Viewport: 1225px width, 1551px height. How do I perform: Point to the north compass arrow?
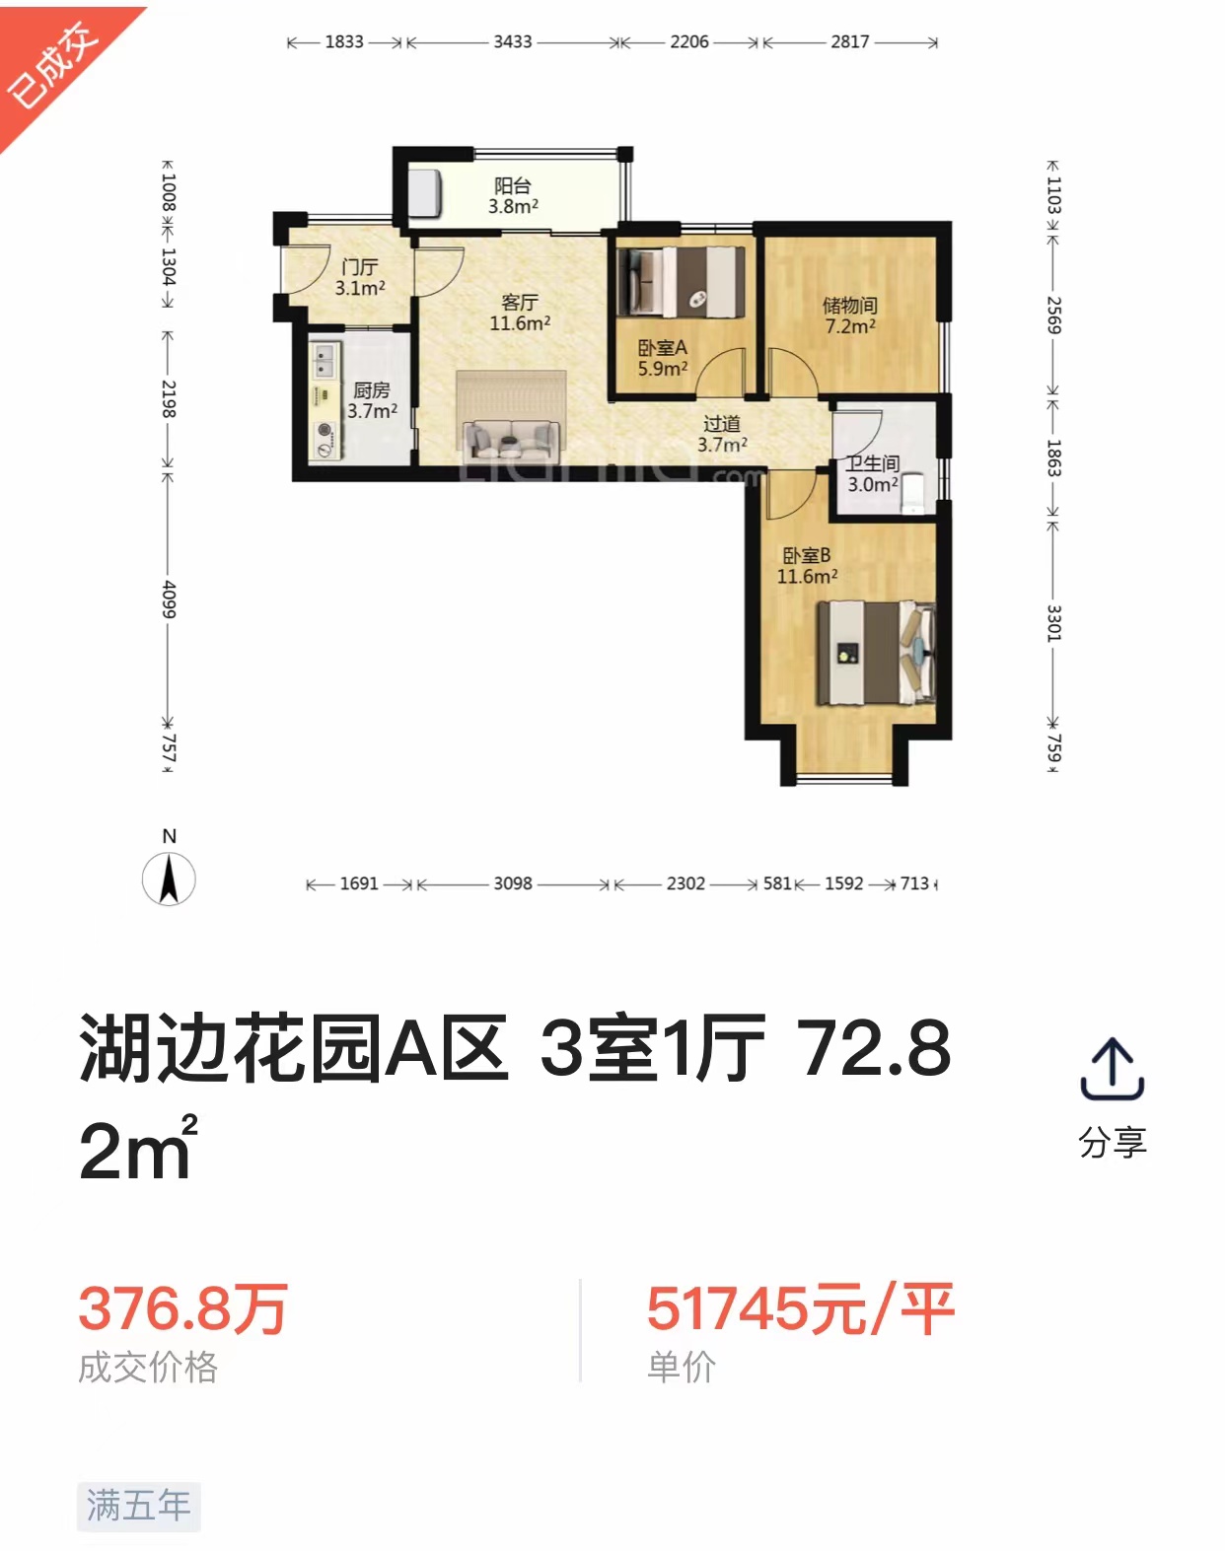(169, 879)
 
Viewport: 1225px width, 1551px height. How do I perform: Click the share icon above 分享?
(1112, 1069)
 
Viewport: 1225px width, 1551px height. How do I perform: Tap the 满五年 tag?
(139, 1506)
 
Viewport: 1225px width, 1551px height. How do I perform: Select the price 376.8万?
(182, 1308)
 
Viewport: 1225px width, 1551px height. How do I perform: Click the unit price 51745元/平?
(800, 1308)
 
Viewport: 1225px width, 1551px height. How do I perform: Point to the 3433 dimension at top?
(513, 42)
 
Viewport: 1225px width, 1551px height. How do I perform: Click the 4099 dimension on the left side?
(169, 599)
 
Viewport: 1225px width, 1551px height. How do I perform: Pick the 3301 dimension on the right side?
(1053, 623)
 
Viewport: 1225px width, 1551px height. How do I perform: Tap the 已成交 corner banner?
(54, 64)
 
